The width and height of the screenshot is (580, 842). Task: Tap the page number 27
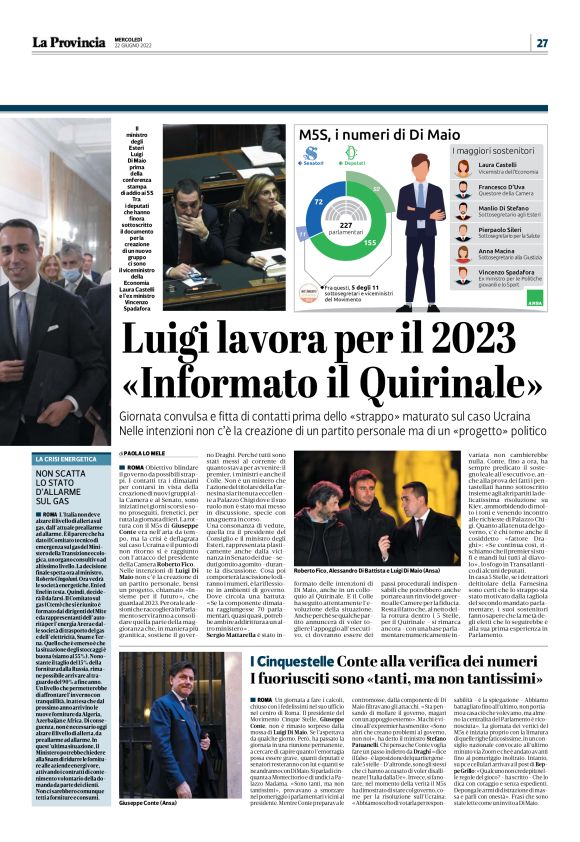pyautogui.click(x=541, y=43)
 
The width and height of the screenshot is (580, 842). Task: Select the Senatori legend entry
pyautogui.click(x=317, y=162)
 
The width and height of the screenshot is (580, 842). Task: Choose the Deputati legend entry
pyautogui.click(x=351, y=162)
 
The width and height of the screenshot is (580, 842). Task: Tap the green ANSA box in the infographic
pyautogui.click(x=534, y=297)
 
